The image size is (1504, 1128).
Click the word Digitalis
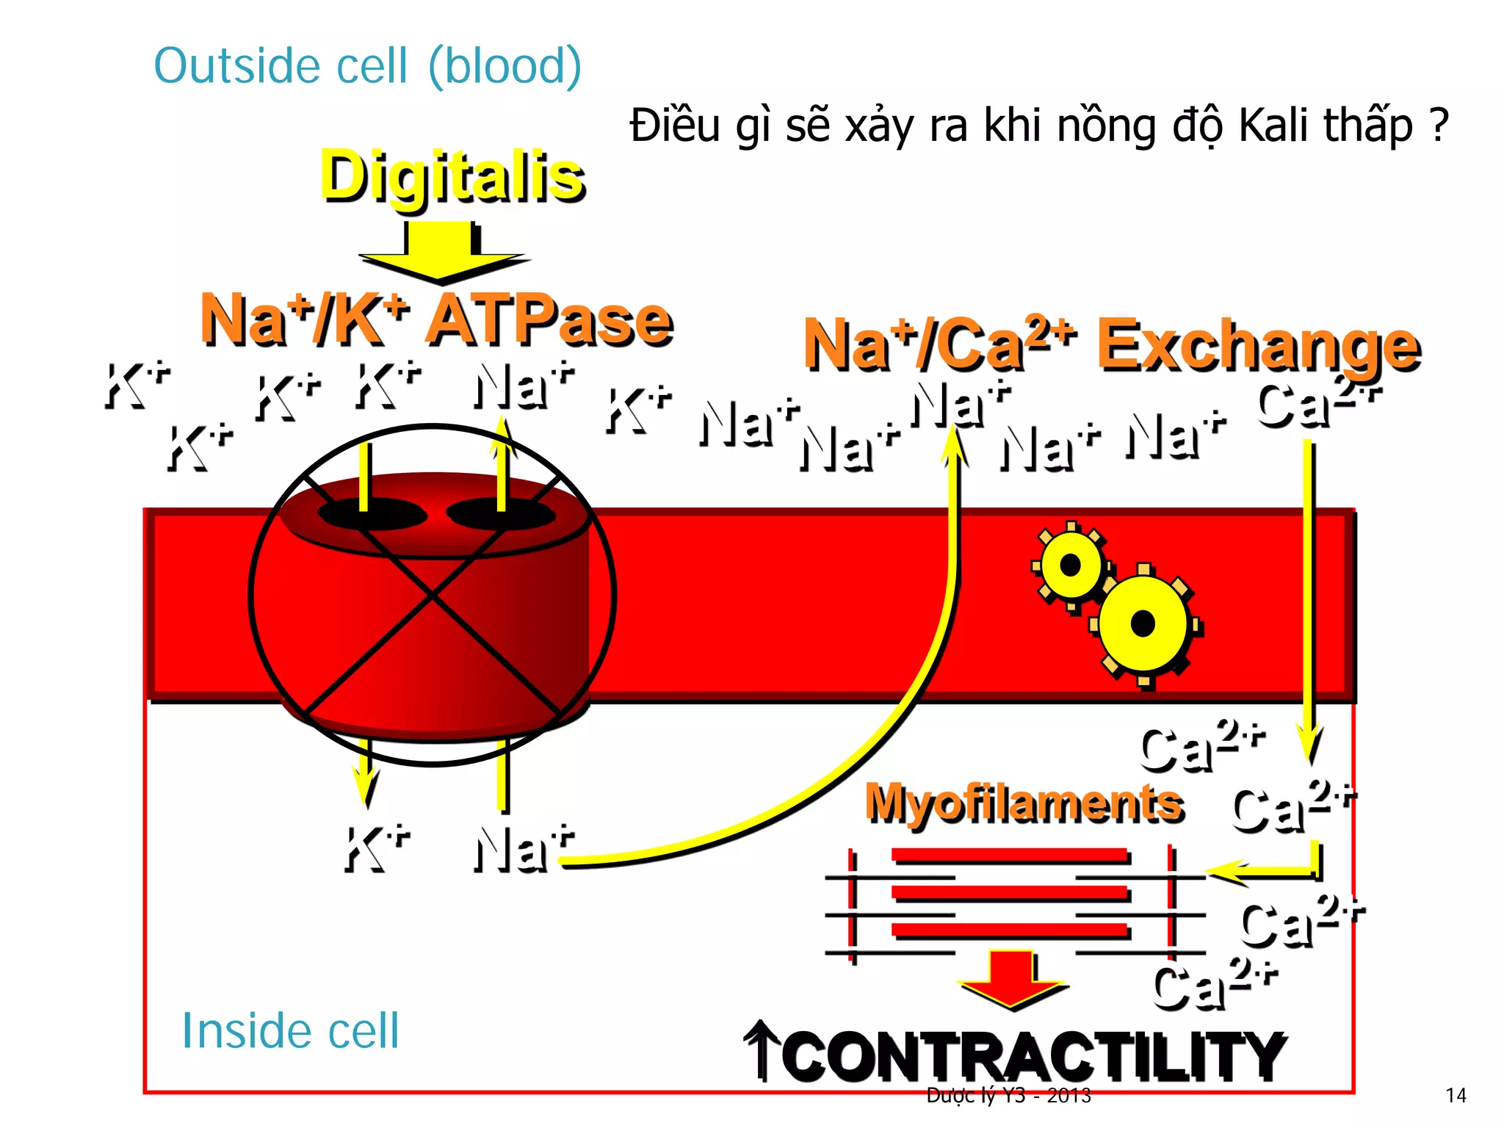452,176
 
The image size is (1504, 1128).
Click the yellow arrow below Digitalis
442,254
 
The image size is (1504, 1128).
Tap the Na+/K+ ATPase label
436,320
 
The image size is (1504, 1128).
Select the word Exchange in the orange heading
1258,344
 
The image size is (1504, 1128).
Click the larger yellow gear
1143,624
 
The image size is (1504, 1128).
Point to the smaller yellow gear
1071,565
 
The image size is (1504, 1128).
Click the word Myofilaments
1024,803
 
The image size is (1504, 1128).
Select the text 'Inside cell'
290,1030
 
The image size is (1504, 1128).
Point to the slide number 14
1456,1096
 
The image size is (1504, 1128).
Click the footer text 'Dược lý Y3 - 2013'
1008,1096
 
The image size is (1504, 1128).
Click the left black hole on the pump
372,513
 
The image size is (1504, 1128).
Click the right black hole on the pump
501,513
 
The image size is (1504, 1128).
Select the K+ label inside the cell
377,849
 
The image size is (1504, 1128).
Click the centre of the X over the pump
433,596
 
